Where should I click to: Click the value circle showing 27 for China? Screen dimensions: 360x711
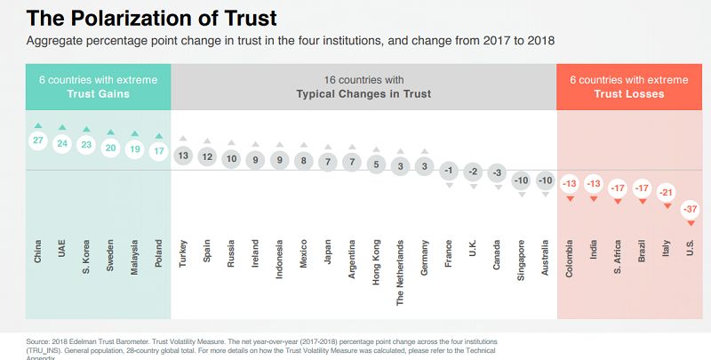(38, 140)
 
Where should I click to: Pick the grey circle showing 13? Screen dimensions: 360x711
(183, 156)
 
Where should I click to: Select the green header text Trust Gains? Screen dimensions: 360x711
(98, 93)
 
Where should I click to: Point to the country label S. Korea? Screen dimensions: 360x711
(86, 254)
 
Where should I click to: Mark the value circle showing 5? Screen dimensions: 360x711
(377, 164)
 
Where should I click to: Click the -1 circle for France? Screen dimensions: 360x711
(450, 170)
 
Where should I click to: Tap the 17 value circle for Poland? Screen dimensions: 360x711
(158, 151)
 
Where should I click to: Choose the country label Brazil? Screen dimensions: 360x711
(642, 252)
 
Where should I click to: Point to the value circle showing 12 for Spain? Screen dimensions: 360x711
(207, 156)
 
